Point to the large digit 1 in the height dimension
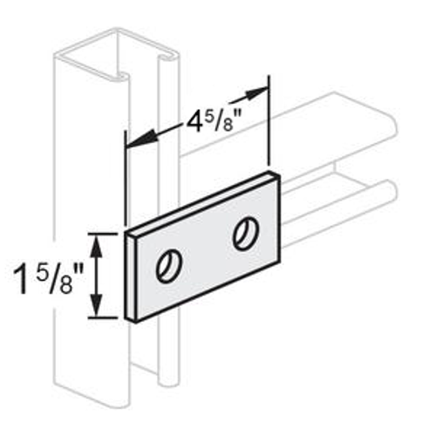coord(20,282)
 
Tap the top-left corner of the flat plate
coord(125,234)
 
